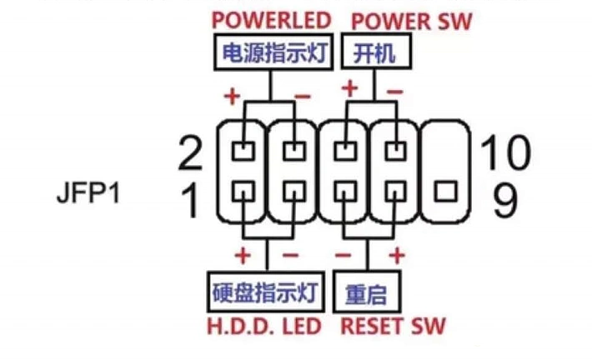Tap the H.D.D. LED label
tap(263, 326)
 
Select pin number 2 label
tap(191, 152)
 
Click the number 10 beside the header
tap(505, 152)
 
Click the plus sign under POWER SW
tap(351, 87)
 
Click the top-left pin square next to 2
tap(243, 151)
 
